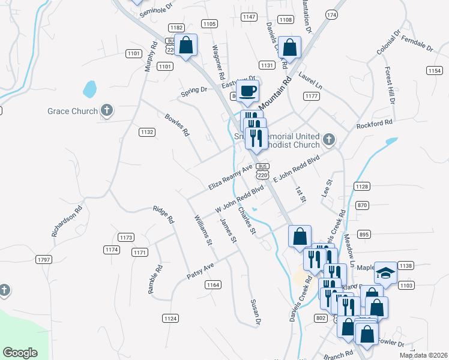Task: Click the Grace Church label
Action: coord(73,111)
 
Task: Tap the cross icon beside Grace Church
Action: coord(107,110)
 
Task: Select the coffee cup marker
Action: coord(247,91)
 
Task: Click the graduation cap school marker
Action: coord(385,274)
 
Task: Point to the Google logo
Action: coord(20,353)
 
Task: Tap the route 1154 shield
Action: coord(435,71)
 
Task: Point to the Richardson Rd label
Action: coord(66,222)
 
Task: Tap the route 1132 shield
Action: coord(147,132)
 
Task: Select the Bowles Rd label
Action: coord(177,124)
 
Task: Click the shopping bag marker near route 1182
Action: coord(186,46)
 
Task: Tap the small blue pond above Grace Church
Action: coord(89,89)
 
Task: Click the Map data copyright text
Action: coord(424,355)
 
